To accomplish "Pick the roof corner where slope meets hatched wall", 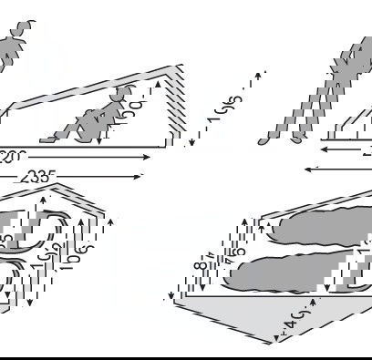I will click(170, 67).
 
